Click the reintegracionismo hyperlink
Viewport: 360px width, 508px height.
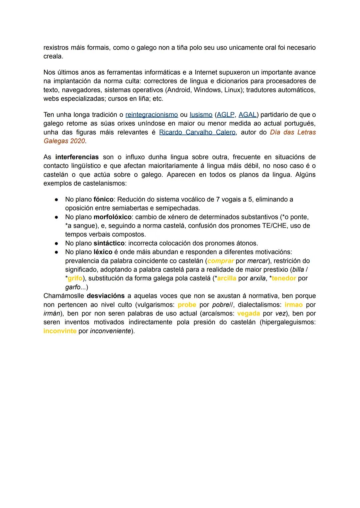click(x=151, y=115)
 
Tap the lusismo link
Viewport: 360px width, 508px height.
click(x=201, y=115)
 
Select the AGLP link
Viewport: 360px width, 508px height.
click(x=226, y=115)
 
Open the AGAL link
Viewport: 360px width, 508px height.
click(x=247, y=115)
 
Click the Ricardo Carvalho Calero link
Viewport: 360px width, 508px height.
click(x=197, y=132)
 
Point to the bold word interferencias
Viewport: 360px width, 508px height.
click(x=77, y=157)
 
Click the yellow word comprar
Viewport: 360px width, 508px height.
click(x=220, y=261)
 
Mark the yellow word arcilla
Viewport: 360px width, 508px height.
click(x=226, y=278)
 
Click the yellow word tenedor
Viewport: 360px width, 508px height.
click(x=284, y=278)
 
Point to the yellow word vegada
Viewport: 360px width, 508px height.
click(x=248, y=313)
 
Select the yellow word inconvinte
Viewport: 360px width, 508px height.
click(x=60, y=331)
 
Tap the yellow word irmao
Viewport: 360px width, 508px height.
click(x=293, y=305)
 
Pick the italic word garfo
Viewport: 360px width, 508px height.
click(x=72, y=287)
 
